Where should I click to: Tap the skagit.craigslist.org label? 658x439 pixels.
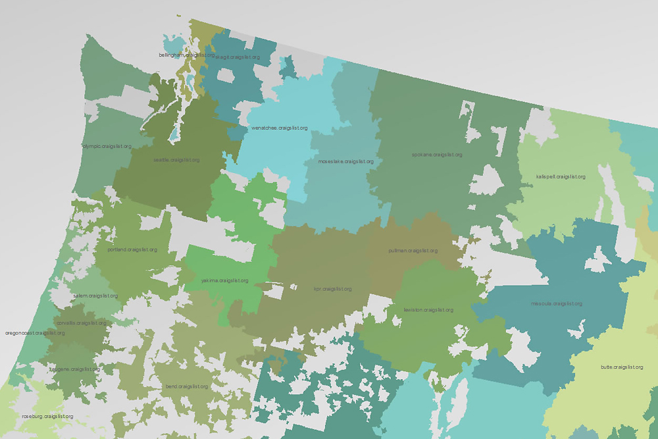pyautogui.click(x=238, y=57)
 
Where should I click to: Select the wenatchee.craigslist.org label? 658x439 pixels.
pyautogui.click(x=280, y=128)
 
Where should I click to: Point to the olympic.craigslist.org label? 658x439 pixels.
pyautogui.click(x=107, y=146)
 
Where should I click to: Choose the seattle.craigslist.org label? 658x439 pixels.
pyautogui.click(x=176, y=160)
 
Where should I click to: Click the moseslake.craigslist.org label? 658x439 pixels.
pyautogui.click(x=346, y=161)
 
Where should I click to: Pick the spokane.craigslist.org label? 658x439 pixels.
pyautogui.click(x=438, y=155)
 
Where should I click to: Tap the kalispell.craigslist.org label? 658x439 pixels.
pyautogui.click(x=561, y=176)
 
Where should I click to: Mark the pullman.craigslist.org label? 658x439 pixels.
pyautogui.click(x=413, y=251)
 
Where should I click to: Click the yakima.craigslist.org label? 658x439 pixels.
pyautogui.click(x=225, y=281)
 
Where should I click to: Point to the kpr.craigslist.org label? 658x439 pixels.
pyautogui.click(x=333, y=289)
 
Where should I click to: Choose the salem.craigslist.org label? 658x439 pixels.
pyautogui.click(x=96, y=296)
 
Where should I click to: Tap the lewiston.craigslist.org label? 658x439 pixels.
pyautogui.click(x=428, y=310)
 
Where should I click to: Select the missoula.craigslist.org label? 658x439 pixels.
pyautogui.click(x=557, y=303)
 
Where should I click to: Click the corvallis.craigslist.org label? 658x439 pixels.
pyautogui.click(x=82, y=323)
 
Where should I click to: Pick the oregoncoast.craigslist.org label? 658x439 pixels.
pyautogui.click(x=35, y=333)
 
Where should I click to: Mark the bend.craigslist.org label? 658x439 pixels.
pyautogui.click(x=187, y=386)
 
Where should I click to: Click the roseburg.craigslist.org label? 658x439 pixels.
pyautogui.click(x=47, y=417)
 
